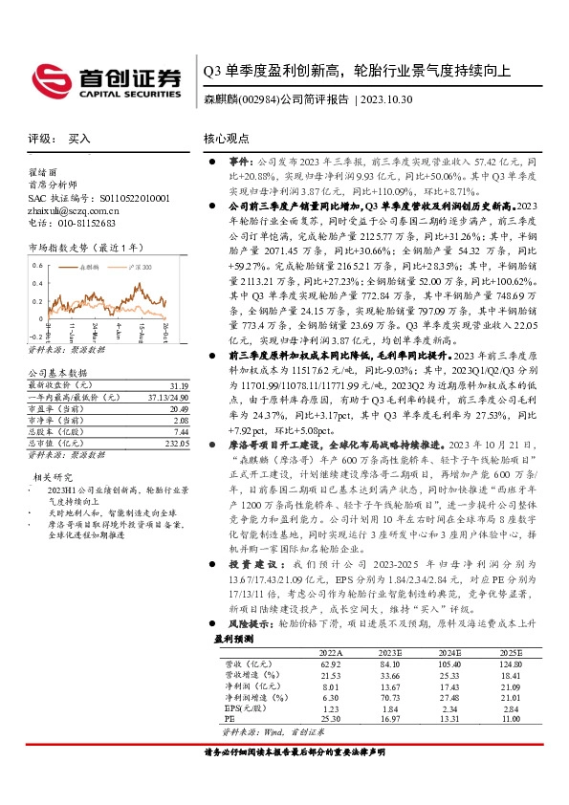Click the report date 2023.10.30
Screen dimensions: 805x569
click(x=386, y=99)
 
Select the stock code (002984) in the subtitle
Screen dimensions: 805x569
click(x=259, y=99)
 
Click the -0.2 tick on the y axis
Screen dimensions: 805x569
click(x=35, y=337)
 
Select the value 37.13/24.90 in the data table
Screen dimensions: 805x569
click(x=168, y=397)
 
